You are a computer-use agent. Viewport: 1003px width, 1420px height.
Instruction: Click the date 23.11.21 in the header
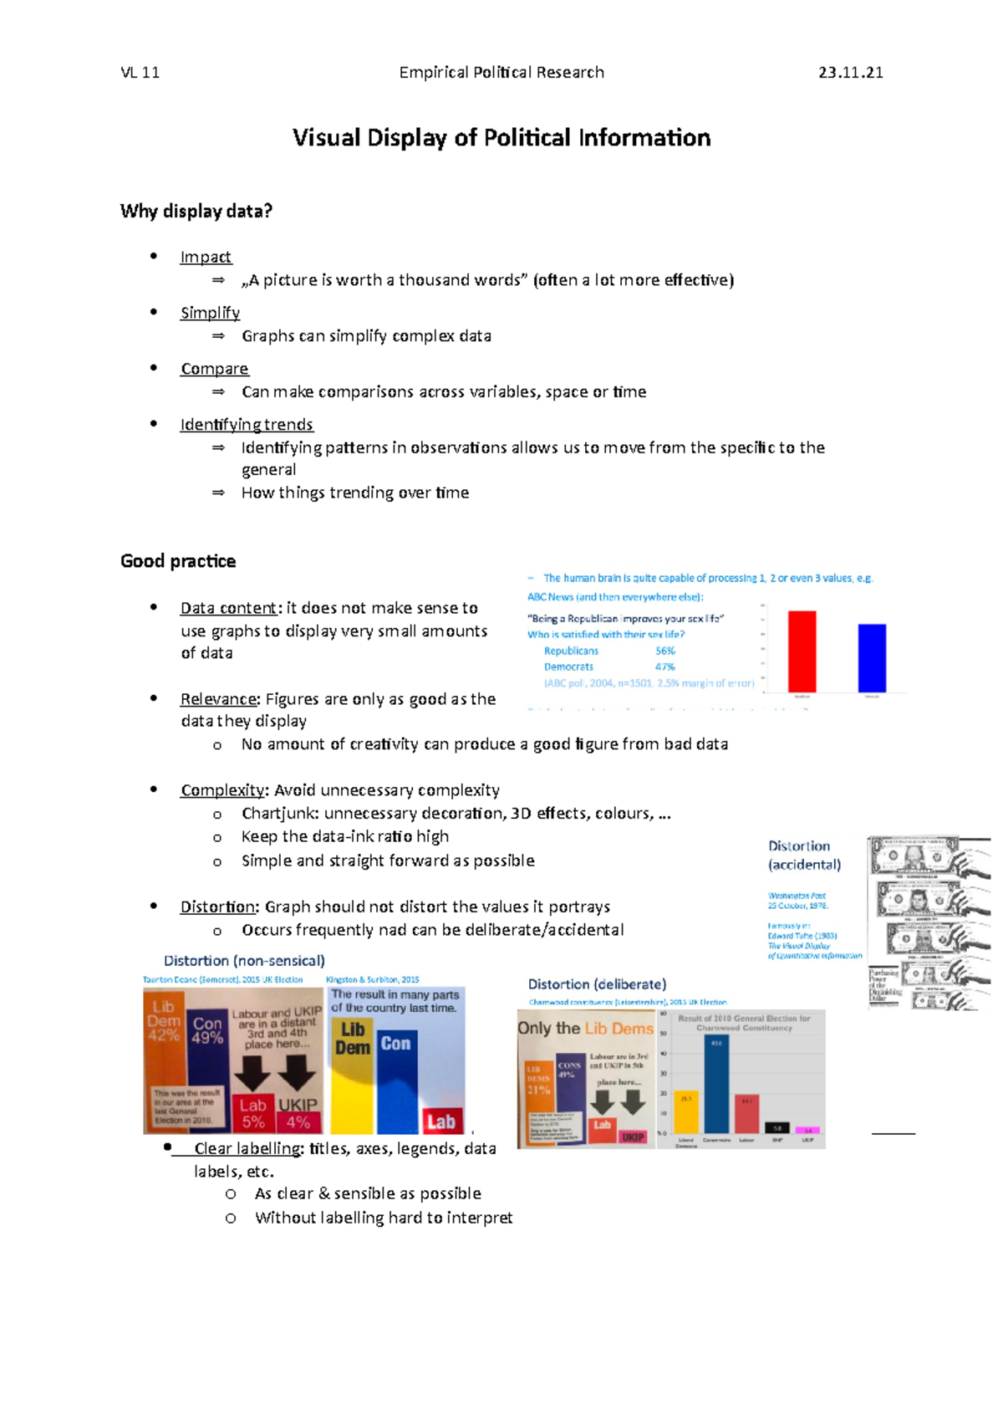tap(850, 73)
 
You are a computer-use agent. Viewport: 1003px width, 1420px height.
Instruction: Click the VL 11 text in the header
tap(140, 73)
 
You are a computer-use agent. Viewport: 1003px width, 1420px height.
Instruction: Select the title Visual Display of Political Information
tap(501, 138)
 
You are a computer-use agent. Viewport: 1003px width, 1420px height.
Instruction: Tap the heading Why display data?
tap(196, 211)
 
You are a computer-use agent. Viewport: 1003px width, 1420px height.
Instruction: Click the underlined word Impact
tap(206, 258)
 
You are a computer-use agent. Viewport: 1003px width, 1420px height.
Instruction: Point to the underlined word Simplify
tap(210, 313)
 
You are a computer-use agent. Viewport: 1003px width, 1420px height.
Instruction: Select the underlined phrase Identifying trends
tap(247, 425)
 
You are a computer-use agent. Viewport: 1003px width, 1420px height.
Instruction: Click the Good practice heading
tap(177, 561)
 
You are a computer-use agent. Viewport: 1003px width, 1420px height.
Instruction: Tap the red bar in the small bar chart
tap(802, 651)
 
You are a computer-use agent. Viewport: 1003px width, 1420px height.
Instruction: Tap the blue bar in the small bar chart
tap(872, 657)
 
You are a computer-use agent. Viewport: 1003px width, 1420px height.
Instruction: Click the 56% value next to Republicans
tap(665, 651)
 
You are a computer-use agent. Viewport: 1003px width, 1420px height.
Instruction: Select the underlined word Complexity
tap(221, 790)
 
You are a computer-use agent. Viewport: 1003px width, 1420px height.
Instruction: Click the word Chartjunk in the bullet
tap(280, 814)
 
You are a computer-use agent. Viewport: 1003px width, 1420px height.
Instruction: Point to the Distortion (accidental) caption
tap(803, 856)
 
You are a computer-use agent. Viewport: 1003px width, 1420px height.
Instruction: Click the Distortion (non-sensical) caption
tap(244, 961)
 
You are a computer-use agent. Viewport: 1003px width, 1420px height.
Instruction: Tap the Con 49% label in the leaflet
tap(207, 1030)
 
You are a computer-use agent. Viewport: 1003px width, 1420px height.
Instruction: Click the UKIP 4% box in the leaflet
tap(298, 1113)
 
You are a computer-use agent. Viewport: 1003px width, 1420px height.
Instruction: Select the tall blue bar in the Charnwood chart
tap(716, 1084)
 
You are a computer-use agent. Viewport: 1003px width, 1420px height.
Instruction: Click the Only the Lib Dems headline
tap(585, 1029)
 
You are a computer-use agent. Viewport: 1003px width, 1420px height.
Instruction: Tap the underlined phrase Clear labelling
tap(247, 1149)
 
